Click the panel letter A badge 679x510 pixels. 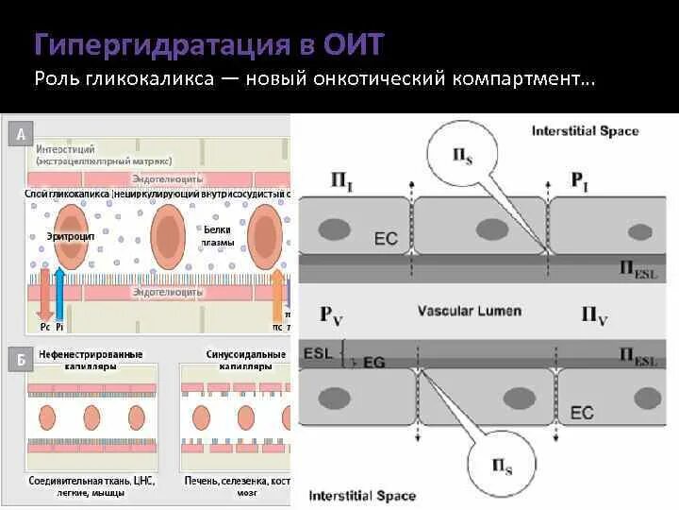pyautogui.click(x=21, y=134)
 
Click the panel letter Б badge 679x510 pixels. pyautogui.click(x=21, y=359)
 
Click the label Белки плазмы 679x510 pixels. pyautogui.click(x=216, y=235)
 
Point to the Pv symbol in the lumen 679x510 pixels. pyautogui.click(x=332, y=313)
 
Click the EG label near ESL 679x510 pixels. pyautogui.click(x=374, y=361)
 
